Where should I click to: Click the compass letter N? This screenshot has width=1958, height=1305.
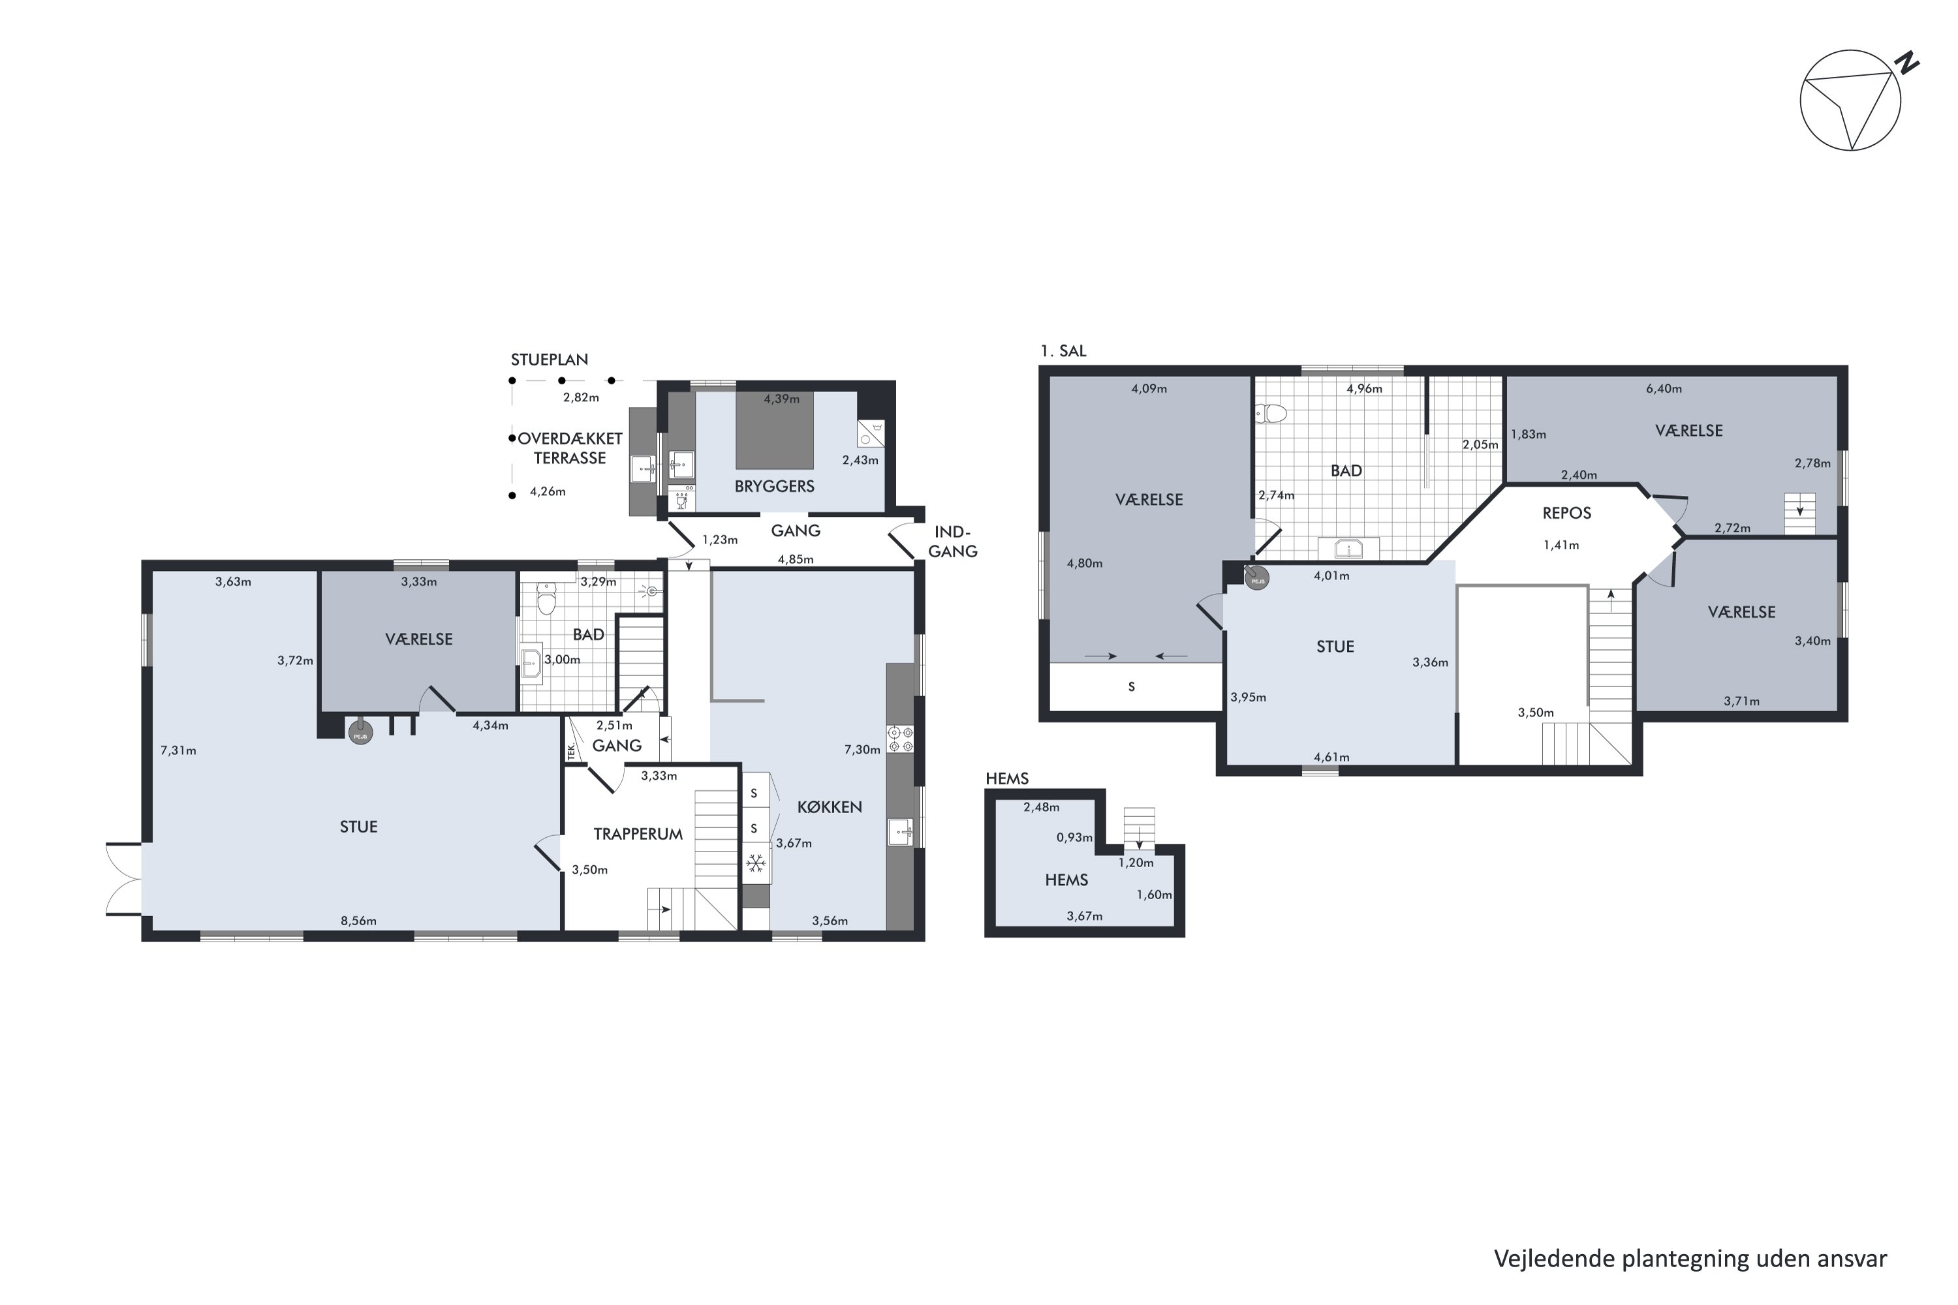pos(1906,63)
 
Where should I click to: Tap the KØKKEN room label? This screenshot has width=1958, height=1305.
pos(829,807)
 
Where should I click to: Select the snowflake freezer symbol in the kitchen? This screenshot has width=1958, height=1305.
pos(755,863)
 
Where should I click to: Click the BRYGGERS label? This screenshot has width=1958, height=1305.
pos(774,486)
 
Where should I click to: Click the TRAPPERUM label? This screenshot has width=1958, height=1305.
pos(638,834)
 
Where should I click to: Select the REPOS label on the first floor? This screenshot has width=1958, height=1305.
pos(1567,513)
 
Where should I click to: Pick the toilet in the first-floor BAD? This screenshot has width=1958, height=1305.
pos(1273,413)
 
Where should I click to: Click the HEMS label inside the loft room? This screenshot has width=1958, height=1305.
pos(1066,880)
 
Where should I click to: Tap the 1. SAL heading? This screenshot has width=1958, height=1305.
pos(1063,351)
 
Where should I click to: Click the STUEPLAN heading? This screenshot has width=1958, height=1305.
pos(550,360)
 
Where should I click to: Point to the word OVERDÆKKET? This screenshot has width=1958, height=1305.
pos(570,438)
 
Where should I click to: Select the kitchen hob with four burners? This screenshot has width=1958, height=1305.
pos(900,739)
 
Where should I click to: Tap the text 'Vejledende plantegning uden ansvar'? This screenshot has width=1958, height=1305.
pos(1690,1259)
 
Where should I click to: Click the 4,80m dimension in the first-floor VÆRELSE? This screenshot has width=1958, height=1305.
pos(1085,564)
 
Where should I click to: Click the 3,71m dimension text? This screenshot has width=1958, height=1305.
pos(1741,701)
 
